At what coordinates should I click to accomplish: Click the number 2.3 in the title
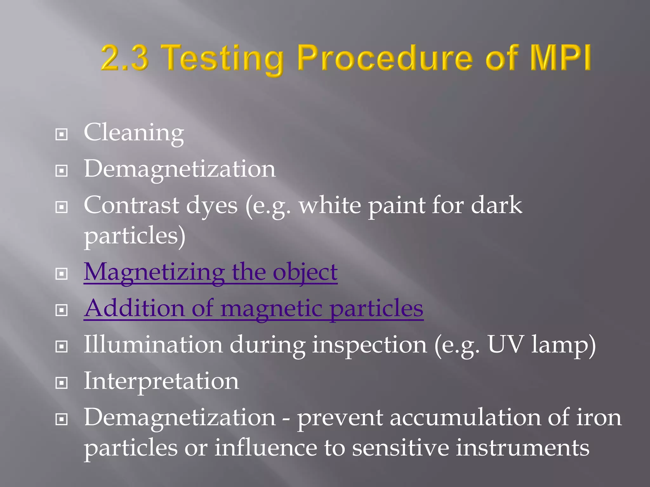[x=125, y=58]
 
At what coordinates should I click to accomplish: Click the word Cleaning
[x=134, y=133]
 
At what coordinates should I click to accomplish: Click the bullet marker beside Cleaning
[x=62, y=134]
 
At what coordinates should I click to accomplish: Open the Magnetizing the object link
[x=210, y=272]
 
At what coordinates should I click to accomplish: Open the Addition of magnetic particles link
[x=253, y=308]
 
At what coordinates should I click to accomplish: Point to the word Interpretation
[x=161, y=381]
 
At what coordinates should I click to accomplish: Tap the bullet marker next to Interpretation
[x=62, y=383]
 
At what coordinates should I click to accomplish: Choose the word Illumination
[x=153, y=345]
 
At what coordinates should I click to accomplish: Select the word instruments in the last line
[x=523, y=448]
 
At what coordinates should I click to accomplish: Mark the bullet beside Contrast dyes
[x=62, y=207]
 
